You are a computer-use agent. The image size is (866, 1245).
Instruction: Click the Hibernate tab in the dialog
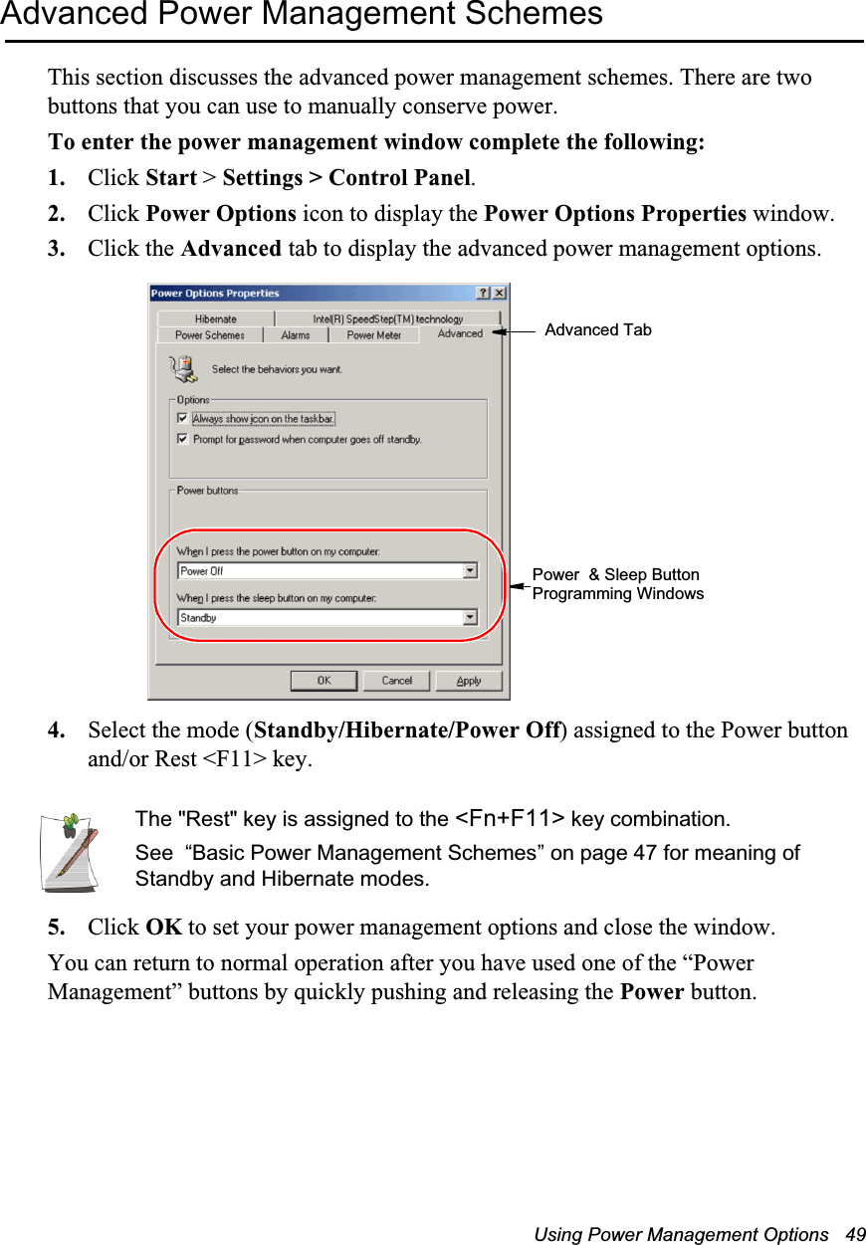click(215, 318)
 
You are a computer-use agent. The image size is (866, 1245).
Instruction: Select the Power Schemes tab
click(209, 335)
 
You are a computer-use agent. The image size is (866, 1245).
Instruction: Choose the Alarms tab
click(295, 335)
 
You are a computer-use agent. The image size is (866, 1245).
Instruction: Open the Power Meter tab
click(373, 335)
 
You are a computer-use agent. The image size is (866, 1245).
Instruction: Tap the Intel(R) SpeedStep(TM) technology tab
click(387, 318)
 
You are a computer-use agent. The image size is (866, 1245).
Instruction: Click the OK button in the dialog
click(324, 681)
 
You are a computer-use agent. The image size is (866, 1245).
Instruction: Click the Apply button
click(469, 681)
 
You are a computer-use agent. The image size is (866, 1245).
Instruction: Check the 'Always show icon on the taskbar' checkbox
click(182, 419)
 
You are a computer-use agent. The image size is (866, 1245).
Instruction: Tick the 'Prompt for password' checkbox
click(182, 439)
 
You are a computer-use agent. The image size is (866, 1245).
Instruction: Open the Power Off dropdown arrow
click(470, 571)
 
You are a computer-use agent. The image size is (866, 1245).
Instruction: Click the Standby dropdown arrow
click(470, 618)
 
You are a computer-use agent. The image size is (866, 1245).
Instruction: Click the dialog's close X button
click(499, 294)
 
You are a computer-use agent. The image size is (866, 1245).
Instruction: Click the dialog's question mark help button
click(484, 294)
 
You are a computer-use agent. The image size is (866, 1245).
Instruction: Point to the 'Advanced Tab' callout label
click(598, 330)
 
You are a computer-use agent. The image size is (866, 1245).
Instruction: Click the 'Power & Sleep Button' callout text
click(616, 575)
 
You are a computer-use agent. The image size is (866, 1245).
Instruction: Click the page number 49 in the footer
click(854, 1234)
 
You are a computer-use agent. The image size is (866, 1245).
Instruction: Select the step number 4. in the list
click(58, 731)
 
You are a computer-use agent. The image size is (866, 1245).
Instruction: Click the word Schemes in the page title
click(539, 15)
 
